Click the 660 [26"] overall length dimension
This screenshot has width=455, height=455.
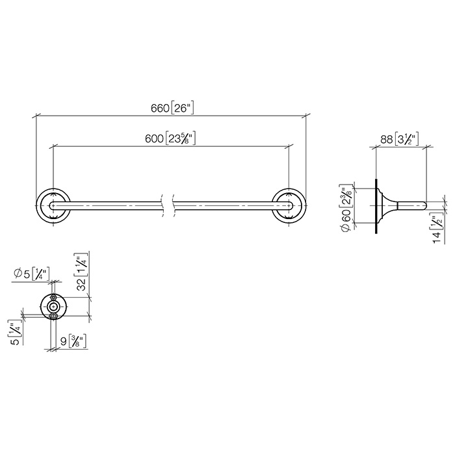(x=172, y=108)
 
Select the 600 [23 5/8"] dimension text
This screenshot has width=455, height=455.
(x=170, y=138)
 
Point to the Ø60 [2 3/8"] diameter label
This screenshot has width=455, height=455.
(x=347, y=207)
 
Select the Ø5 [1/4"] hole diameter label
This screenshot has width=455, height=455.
(x=32, y=274)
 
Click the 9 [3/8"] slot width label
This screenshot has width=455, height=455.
(x=73, y=341)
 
